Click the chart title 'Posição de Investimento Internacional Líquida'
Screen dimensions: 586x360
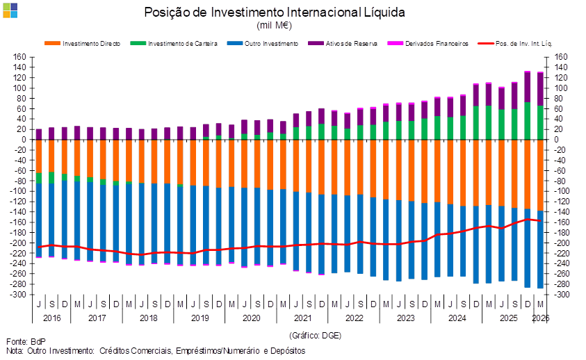pos(275,13)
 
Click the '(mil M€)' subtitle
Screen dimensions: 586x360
pos(274,26)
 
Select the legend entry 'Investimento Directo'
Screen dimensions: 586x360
pos(82,43)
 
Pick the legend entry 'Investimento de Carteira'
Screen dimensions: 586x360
pos(174,43)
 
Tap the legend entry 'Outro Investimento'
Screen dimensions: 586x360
pos(262,43)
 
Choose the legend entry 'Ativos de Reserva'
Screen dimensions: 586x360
pos(343,43)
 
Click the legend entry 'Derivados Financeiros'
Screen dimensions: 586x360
pos(428,43)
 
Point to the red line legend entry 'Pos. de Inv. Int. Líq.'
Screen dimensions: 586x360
pos(515,43)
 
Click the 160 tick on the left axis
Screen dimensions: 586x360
pos(19,57)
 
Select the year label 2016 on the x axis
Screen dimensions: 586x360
pos(51,318)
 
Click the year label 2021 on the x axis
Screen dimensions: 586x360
pos(302,318)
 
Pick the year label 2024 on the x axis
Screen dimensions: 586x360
pos(457,318)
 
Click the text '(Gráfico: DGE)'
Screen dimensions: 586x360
pos(315,336)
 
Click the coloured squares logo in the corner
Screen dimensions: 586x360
pos(10,10)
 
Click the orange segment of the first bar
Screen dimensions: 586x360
pos(39,156)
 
